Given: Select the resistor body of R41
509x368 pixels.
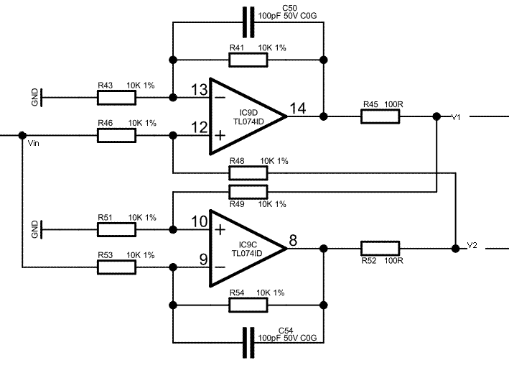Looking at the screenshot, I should tap(248, 60).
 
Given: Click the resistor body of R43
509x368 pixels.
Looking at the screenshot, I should tap(116, 96).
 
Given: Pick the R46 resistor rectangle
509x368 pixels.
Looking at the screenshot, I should tap(116, 134).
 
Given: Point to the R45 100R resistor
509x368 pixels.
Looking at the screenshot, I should tap(380, 115).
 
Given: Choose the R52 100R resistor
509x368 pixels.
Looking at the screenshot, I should tap(380, 248).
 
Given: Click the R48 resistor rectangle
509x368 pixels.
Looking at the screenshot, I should tap(248, 172).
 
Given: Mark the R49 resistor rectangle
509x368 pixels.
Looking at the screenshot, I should tap(248, 191).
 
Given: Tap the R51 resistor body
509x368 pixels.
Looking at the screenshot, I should tap(116, 229).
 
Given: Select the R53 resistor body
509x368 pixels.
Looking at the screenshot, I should tap(116, 267).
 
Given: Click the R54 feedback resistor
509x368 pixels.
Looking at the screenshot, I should tap(248, 305).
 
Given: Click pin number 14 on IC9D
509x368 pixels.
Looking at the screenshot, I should tap(297, 109).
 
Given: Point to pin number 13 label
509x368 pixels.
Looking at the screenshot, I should tap(199, 89).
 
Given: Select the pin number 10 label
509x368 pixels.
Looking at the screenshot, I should tap(199, 221).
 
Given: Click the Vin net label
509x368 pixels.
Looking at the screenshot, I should tap(32, 144).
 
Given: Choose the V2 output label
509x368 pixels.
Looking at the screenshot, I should tap(472, 245).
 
